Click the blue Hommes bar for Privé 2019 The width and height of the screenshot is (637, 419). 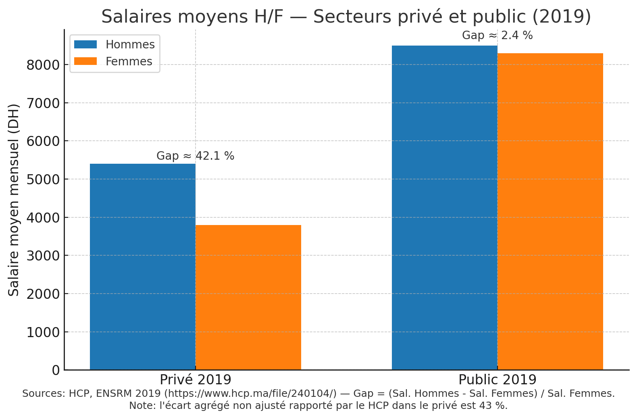pyautogui.click(x=142, y=267)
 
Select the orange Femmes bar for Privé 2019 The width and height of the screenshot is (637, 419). pyautogui.click(x=248, y=297)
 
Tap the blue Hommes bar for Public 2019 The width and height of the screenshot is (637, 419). pyautogui.click(x=444, y=208)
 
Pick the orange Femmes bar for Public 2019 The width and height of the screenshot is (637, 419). pyautogui.click(x=550, y=211)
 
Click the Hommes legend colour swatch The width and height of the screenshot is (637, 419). pyautogui.click(x=85, y=44)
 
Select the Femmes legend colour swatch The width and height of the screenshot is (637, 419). pyautogui.click(x=85, y=61)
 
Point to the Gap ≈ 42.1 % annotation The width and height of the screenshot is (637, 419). pyautogui.click(x=196, y=156)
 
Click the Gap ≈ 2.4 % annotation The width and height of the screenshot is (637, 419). pyautogui.click(x=498, y=35)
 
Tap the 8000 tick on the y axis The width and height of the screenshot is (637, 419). pyautogui.click(x=43, y=65)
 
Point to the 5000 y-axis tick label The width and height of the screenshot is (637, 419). pyautogui.click(x=43, y=179)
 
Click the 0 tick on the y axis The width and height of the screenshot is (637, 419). pyautogui.click(x=56, y=370)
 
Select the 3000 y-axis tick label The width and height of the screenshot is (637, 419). pyautogui.click(x=43, y=256)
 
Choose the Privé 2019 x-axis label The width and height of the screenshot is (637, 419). pyautogui.click(x=196, y=380)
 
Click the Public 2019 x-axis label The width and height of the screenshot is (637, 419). pyautogui.click(x=498, y=380)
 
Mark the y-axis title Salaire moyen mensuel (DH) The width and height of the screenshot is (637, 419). pyautogui.click(x=13, y=200)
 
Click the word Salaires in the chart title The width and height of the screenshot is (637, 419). pyautogui.click(x=137, y=16)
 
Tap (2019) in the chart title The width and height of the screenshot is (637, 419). pyautogui.click(x=562, y=16)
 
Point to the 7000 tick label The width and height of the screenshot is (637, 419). pyautogui.click(x=43, y=103)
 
